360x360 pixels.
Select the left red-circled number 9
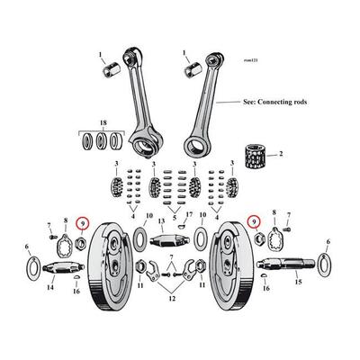pyautogui.click(x=84, y=221)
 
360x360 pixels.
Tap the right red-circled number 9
pyautogui.click(x=254, y=221)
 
